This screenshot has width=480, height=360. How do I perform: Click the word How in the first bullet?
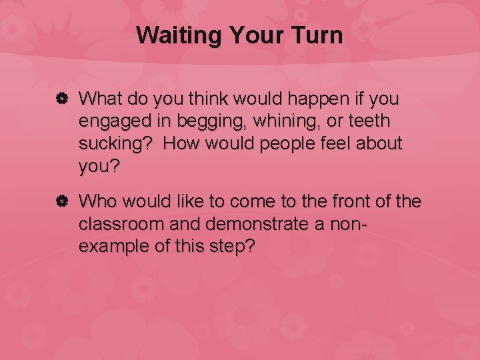[182, 144]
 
